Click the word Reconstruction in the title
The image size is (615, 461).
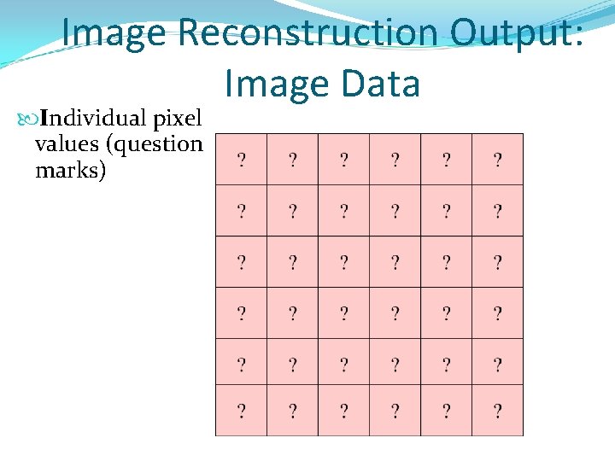pyautogui.click(x=309, y=32)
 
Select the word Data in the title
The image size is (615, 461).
pyautogui.click(x=381, y=84)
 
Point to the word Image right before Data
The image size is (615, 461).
pyautogui.click(x=277, y=84)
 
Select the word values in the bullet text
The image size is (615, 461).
pyautogui.click(x=67, y=143)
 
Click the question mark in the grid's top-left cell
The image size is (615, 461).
pyautogui.click(x=242, y=159)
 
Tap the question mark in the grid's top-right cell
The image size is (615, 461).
pyautogui.click(x=497, y=159)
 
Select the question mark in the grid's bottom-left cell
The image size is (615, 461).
pyautogui.click(x=242, y=412)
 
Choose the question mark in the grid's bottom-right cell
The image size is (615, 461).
pyautogui.click(x=497, y=412)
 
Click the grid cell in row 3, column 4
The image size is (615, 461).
pyautogui.click(x=395, y=261)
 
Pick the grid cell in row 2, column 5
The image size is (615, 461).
pyautogui.click(x=446, y=210)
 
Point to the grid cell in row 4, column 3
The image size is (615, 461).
pyautogui.click(x=343, y=313)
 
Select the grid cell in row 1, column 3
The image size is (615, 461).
pyautogui.click(x=343, y=159)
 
